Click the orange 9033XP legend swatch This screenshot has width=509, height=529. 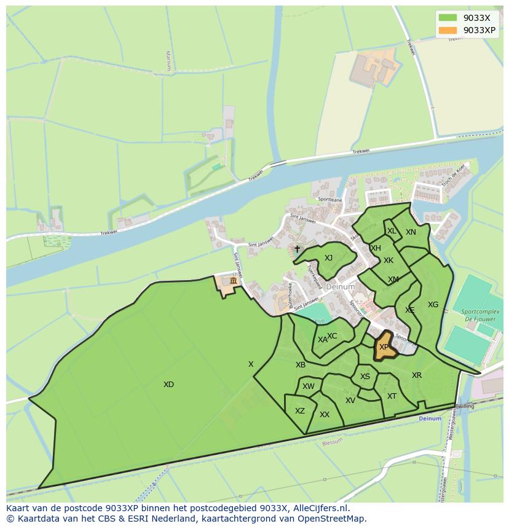(448, 30)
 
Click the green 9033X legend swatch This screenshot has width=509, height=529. (448, 18)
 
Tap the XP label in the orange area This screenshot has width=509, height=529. (384, 347)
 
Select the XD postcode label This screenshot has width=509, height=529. (168, 385)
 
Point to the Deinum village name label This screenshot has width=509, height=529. (341, 287)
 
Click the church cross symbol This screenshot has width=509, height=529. (297, 249)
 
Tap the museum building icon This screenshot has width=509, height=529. (233, 281)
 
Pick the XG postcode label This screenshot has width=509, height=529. (433, 305)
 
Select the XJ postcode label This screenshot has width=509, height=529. (328, 258)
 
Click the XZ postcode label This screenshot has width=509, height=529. (299, 411)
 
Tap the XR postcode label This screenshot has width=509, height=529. (417, 375)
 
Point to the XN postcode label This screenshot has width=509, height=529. (411, 232)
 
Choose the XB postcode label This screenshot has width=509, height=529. (301, 365)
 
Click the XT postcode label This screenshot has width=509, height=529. (392, 396)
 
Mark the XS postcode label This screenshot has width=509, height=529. (365, 377)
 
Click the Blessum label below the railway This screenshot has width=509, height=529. (333, 441)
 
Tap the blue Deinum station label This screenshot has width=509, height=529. (430, 418)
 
